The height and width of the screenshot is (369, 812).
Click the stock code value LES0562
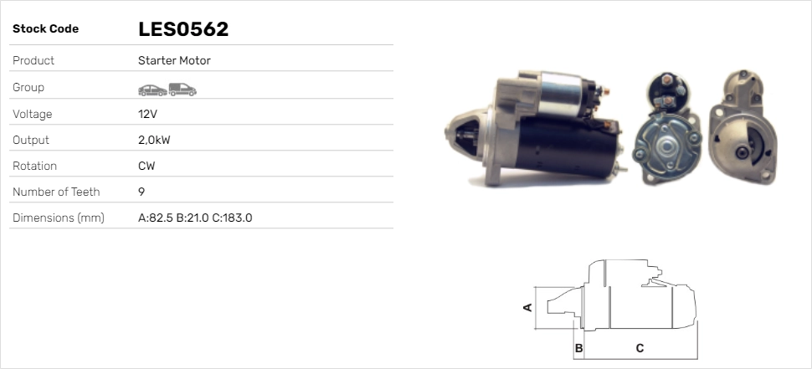tap(183, 29)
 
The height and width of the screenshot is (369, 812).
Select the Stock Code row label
tap(45, 29)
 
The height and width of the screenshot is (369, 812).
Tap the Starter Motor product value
tap(174, 60)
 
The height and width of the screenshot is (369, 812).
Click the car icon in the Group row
tap(152, 89)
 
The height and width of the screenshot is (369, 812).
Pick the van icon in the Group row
tap(182, 88)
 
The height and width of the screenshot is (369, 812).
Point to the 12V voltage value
tap(148, 114)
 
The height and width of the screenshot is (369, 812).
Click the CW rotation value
tap(146, 166)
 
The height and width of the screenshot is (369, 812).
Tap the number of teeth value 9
tap(141, 192)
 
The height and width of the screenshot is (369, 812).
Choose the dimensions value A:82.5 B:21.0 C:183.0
tap(195, 218)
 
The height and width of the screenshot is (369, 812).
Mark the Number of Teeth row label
tap(56, 192)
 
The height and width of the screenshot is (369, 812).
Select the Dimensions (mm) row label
tap(58, 218)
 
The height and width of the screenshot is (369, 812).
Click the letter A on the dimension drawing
tap(527, 307)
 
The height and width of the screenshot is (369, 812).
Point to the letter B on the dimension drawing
tap(578, 347)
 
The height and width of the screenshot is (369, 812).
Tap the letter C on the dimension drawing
tap(640, 347)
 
